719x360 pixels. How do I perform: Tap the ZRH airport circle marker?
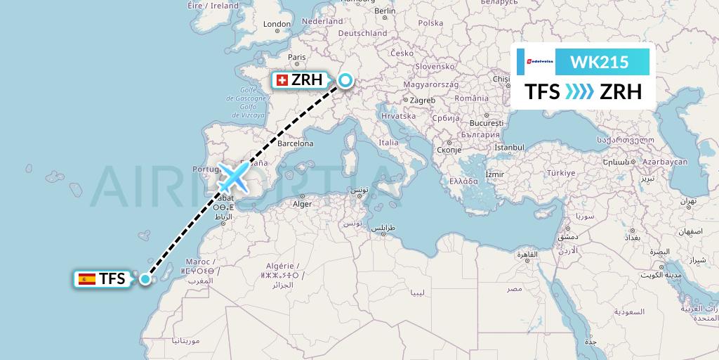(x=345, y=80)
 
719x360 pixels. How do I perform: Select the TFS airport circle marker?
(x=145, y=279)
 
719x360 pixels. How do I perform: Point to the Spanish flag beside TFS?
(x=87, y=279)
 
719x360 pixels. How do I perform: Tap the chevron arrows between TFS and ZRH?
(x=580, y=92)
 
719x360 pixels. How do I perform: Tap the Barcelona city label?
(x=295, y=143)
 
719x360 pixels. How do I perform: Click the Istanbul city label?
(x=509, y=148)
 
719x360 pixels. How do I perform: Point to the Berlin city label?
(x=385, y=11)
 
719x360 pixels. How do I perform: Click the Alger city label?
(x=301, y=204)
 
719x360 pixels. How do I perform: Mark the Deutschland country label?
(x=362, y=33)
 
